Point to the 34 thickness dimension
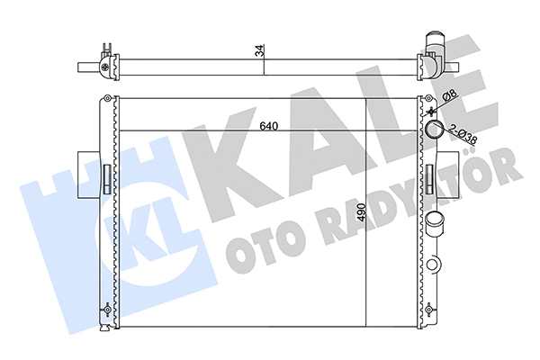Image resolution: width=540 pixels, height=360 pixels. [x=260, y=52]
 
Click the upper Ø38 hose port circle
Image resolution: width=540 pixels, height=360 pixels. [x=435, y=130]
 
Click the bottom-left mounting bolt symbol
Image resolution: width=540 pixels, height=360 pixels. [x=108, y=309]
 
